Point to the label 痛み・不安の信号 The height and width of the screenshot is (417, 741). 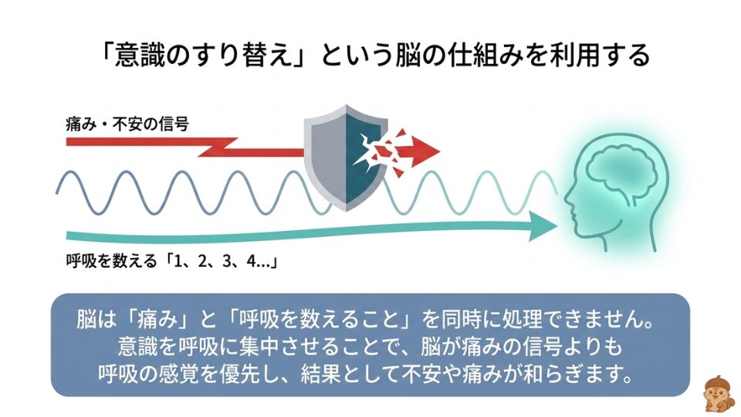pyautogui.click(x=127, y=122)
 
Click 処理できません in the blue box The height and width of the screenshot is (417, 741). pyautogui.click(x=590, y=319)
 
